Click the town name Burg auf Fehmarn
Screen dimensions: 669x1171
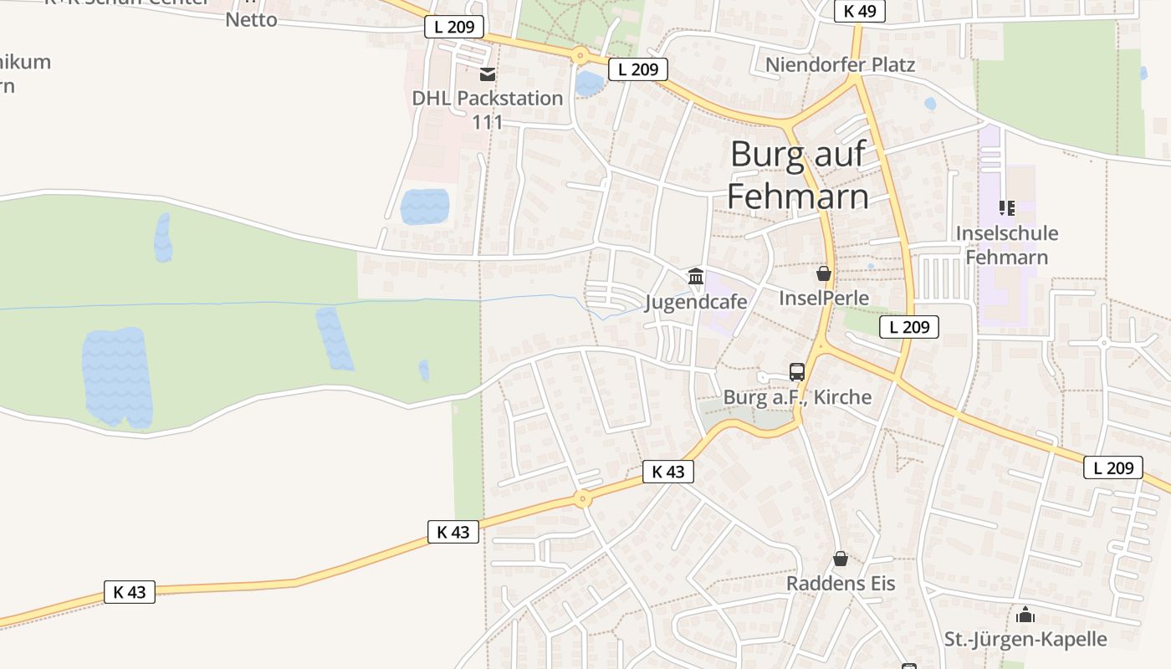[x=797, y=175]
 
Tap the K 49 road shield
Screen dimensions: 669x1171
[x=859, y=11]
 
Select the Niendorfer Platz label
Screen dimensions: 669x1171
[x=840, y=64]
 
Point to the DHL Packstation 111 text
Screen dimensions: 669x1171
[x=487, y=110]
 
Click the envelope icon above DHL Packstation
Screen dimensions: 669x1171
[x=488, y=75]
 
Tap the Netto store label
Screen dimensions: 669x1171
[x=251, y=19]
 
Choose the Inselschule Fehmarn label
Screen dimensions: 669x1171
[x=1007, y=245]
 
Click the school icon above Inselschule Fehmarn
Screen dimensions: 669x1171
[x=1007, y=208]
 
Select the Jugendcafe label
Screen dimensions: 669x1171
[x=696, y=301]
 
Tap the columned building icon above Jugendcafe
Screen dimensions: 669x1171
[x=696, y=276]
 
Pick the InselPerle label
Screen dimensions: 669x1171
[x=824, y=298]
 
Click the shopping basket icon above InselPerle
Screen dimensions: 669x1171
[x=824, y=273]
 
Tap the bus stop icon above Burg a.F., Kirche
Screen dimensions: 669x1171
[x=797, y=372]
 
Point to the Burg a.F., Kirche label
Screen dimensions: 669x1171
[x=797, y=397]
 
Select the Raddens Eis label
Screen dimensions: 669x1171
[x=841, y=583]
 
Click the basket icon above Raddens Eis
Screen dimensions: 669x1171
[x=841, y=559]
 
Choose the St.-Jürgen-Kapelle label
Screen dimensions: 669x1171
[x=1025, y=640]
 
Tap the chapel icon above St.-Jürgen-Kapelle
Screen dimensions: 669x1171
[x=1025, y=615]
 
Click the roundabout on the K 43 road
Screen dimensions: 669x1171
[x=583, y=499]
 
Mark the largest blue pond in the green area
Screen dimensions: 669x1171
[x=117, y=376]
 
